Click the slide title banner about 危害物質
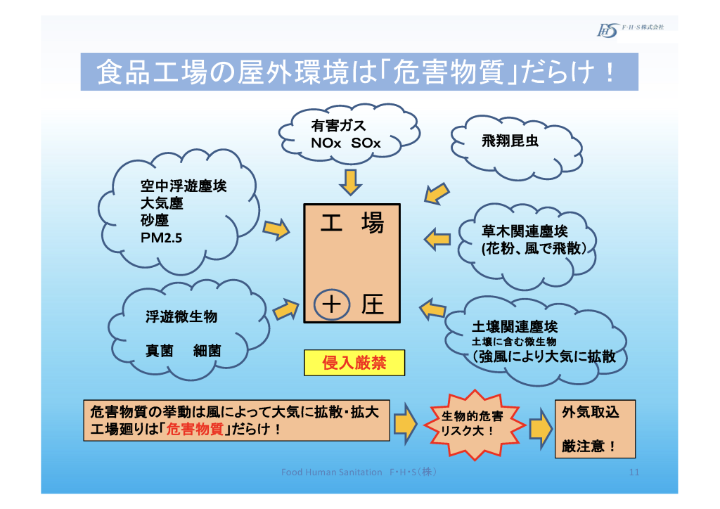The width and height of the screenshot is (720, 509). pyautogui.click(x=359, y=72)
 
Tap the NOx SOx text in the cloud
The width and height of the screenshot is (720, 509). pyautogui.click(x=345, y=143)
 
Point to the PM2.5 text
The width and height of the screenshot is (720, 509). pyautogui.click(x=162, y=238)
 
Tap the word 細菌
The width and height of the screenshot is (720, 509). pyautogui.click(x=207, y=350)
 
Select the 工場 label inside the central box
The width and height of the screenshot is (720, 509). pyautogui.click(x=352, y=224)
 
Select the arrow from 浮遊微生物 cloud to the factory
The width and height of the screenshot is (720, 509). pyautogui.click(x=285, y=309)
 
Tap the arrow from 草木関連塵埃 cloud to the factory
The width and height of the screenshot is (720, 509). pyautogui.click(x=438, y=238)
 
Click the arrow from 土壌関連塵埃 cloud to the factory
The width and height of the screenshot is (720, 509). pyautogui.click(x=433, y=308)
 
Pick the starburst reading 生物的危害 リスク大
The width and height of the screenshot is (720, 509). pyautogui.click(x=472, y=423)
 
